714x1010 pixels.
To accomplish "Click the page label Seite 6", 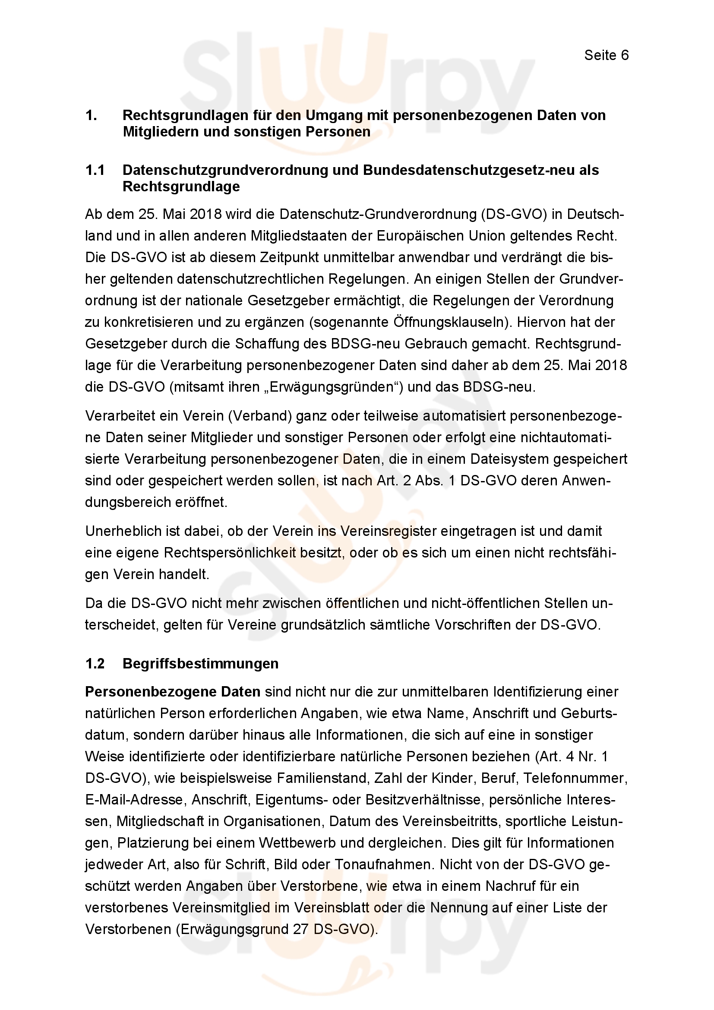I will pos(606,55).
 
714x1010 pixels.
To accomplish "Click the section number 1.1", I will pos(95,170).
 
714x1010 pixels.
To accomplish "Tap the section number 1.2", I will pos(95,663).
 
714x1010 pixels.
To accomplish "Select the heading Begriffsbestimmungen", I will pos(200,663).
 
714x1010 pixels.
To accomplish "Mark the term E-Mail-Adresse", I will pos(134,800).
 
